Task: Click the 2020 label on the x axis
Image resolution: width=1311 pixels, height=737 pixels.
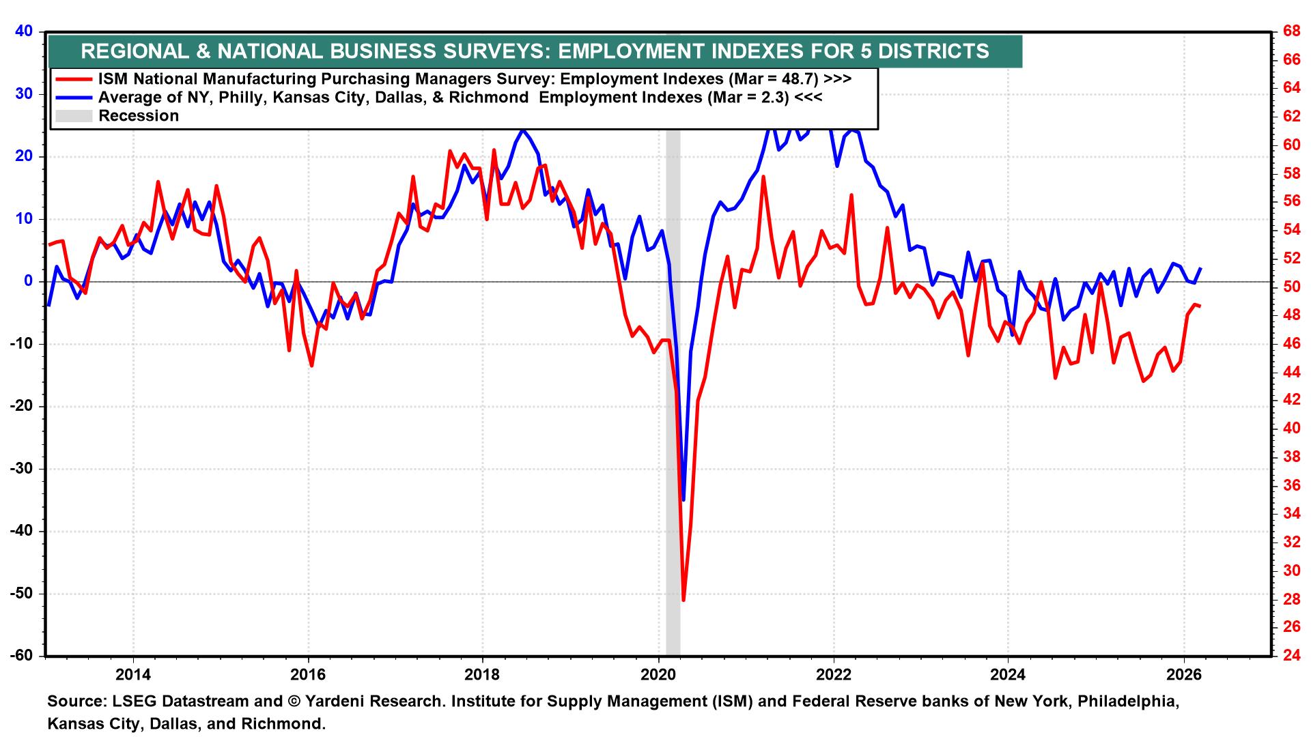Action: (658, 676)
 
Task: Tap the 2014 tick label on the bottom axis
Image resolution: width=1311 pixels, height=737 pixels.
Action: (133, 676)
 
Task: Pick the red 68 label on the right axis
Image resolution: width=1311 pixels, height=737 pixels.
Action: (1291, 31)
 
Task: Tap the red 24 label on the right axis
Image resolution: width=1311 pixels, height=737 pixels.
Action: (1291, 656)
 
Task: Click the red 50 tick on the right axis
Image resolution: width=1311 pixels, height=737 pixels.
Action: (1291, 287)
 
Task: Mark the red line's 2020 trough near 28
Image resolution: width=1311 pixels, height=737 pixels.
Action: (683, 601)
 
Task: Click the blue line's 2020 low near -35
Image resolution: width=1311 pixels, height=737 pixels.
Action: (683, 500)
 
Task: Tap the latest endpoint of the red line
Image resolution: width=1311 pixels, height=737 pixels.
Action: (1200, 306)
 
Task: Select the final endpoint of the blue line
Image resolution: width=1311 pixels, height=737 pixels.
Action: (1200, 268)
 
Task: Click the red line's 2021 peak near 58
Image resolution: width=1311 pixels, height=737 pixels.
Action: (763, 177)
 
